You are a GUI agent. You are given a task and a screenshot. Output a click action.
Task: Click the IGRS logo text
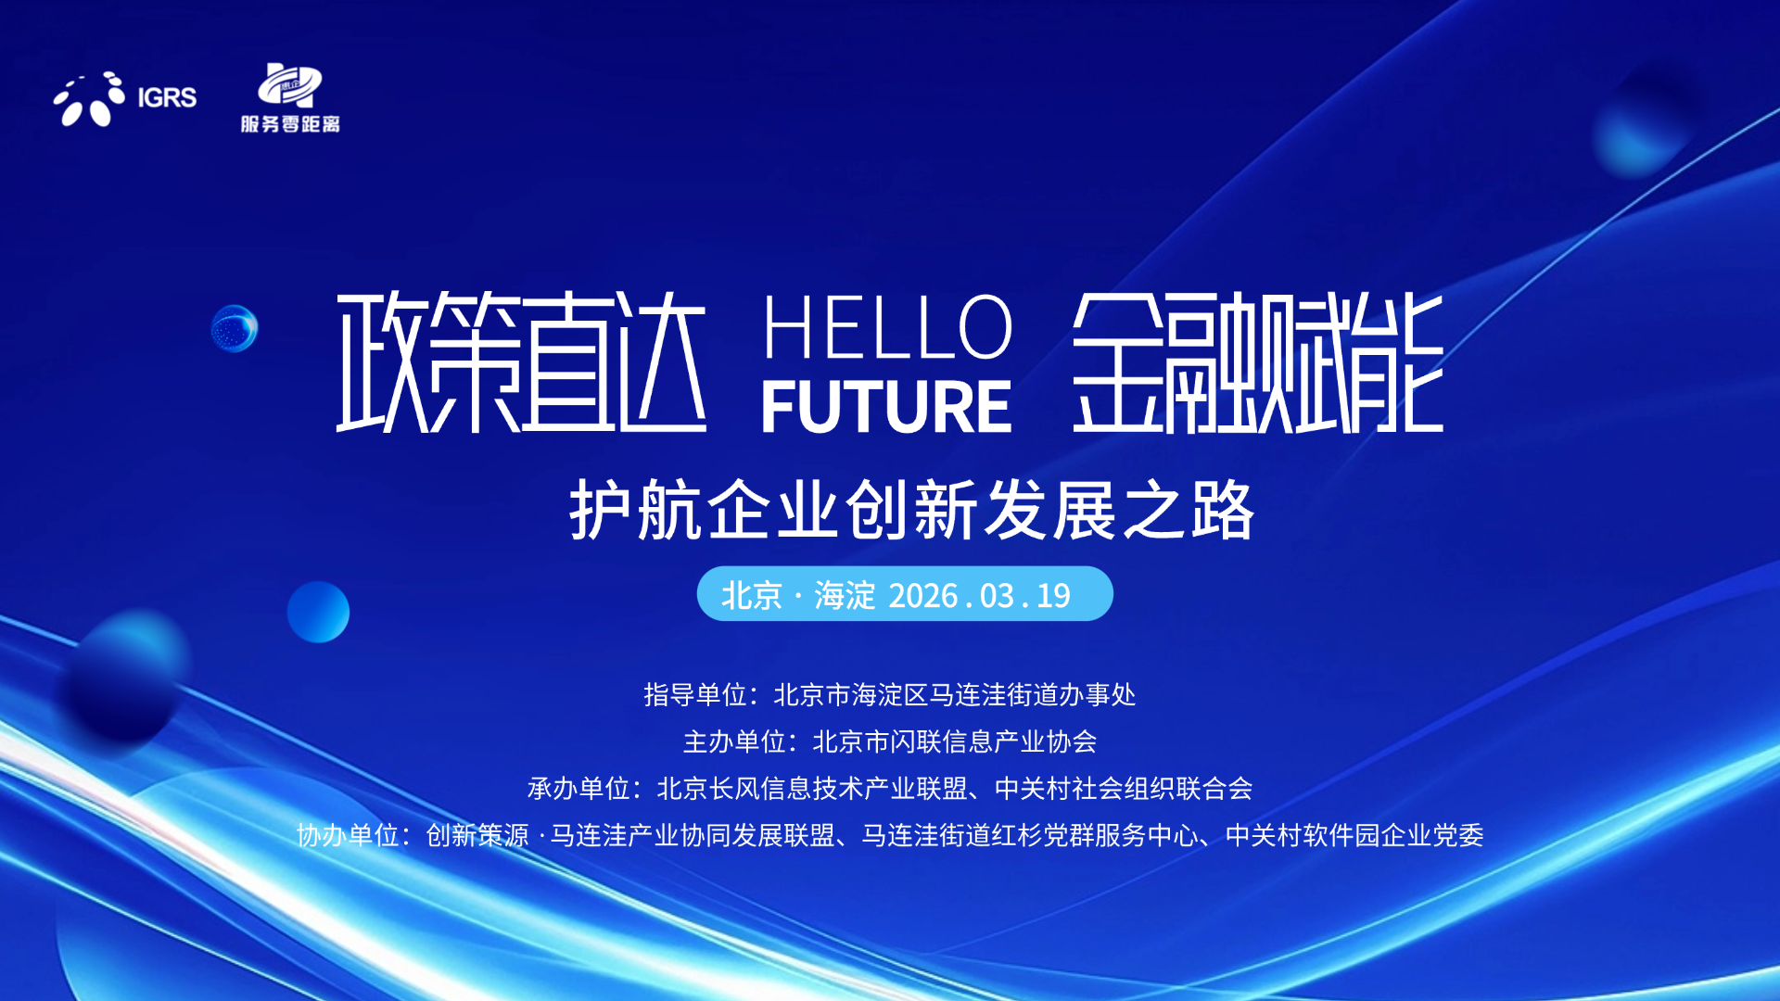click(167, 97)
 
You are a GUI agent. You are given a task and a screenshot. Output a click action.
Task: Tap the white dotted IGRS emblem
click(89, 99)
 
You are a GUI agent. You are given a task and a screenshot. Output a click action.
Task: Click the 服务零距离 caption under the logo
click(290, 124)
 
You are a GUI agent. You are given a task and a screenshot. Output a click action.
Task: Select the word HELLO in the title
click(887, 326)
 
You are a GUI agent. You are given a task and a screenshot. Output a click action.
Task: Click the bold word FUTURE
click(886, 407)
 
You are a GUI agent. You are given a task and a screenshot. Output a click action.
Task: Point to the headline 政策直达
click(521, 361)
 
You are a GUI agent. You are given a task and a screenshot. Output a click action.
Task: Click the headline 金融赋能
click(1258, 362)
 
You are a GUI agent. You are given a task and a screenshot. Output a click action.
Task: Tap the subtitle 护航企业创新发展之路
click(912, 510)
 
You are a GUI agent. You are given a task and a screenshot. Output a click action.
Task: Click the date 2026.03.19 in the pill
click(980, 595)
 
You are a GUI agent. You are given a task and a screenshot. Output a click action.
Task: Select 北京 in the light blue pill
click(752, 595)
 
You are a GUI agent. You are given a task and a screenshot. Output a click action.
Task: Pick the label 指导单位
click(695, 694)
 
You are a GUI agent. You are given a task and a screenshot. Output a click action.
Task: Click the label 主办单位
click(734, 741)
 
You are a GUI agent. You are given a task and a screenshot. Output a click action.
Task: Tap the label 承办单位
click(578, 789)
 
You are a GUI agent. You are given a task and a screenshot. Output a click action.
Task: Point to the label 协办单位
click(348, 835)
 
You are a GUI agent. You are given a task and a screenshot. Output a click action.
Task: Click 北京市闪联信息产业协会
click(955, 741)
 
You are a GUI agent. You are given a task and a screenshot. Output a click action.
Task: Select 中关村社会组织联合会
click(1124, 789)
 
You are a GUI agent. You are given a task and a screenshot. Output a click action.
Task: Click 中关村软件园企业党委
click(1354, 835)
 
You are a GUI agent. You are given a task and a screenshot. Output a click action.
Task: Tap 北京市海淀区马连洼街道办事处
click(955, 694)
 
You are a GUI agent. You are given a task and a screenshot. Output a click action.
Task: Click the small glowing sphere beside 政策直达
click(235, 328)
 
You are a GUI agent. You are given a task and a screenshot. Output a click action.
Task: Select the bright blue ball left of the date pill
click(318, 612)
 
